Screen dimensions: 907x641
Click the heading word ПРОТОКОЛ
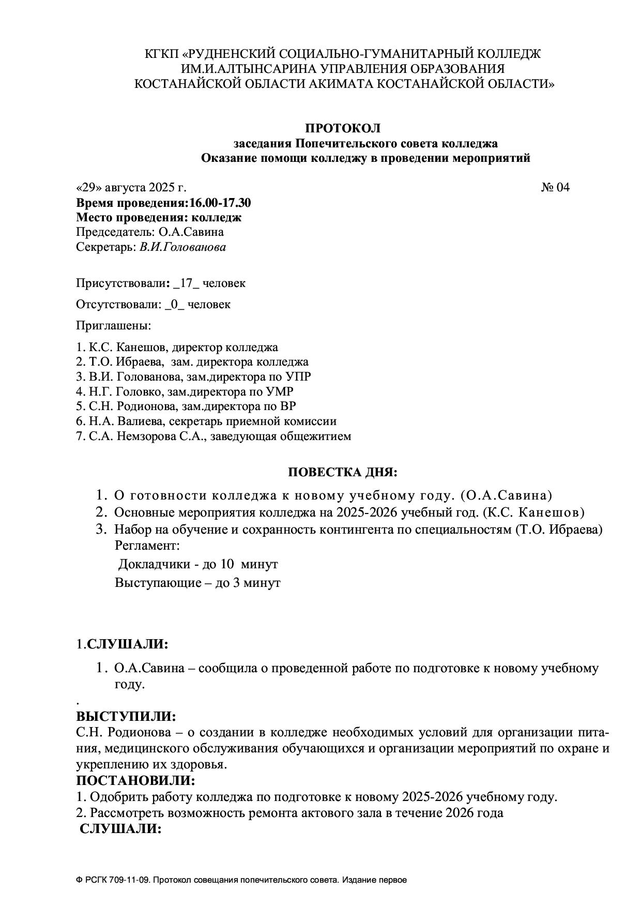click(342, 128)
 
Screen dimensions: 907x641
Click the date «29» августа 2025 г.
click(131, 187)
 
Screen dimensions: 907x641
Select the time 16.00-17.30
click(220, 203)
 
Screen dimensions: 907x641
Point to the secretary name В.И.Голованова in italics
click(182, 247)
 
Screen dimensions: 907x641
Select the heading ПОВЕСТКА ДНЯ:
click(342, 473)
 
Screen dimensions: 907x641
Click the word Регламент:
click(147, 546)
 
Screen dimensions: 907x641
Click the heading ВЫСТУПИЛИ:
click(126, 717)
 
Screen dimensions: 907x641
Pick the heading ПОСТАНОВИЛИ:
click(136, 780)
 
